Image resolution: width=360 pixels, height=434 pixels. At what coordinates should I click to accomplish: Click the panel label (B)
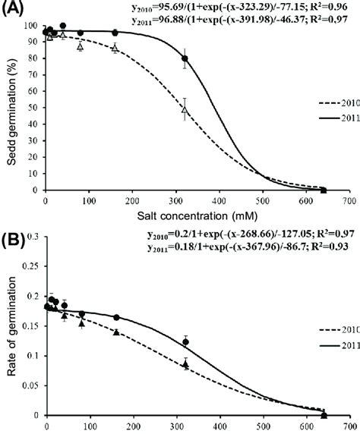pyautogui.click(x=14, y=225)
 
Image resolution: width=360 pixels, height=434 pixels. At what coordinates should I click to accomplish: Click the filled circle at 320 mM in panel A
pyautogui.click(x=185, y=58)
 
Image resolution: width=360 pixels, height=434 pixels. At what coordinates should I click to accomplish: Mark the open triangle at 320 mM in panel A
pyautogui.click(x=185, y=109)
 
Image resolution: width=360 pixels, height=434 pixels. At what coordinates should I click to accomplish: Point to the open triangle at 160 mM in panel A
pyautogui.click(x=115, y=48)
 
